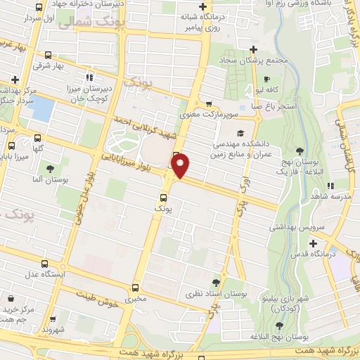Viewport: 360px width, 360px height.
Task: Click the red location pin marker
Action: point(181,166)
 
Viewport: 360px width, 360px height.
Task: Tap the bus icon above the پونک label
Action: point(163,197)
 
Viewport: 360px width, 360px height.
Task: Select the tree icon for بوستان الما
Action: point(50,168)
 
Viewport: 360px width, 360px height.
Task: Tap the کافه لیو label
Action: point(269,91)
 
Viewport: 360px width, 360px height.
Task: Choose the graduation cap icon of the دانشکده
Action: point(240,133)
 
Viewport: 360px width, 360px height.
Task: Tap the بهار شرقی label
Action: point(49,66)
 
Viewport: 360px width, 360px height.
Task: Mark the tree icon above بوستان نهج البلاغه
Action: point(280,326)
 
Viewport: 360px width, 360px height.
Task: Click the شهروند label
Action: point(53,328)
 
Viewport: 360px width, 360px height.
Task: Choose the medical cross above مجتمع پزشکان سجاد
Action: point(254,49)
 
